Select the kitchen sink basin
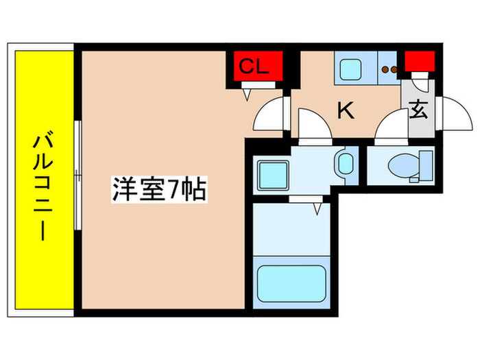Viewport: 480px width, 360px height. coord(352,69)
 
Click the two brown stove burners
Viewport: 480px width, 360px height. coord(389,69)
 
